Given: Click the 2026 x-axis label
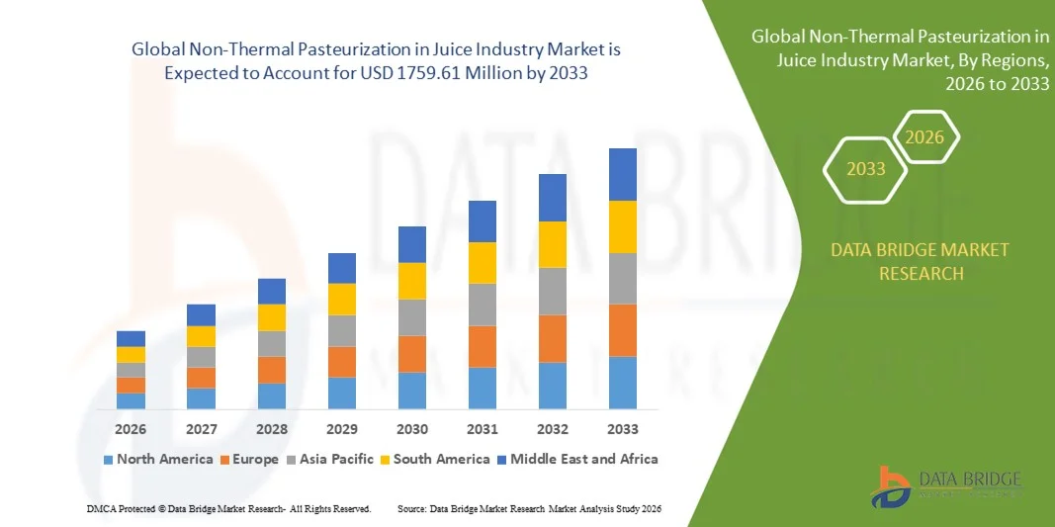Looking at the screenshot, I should tap(131, 429).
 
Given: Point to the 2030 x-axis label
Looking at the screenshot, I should tap(412, 429).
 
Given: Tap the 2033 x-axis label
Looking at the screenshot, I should tap(623, 429).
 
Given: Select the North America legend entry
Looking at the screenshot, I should tap(158, 459).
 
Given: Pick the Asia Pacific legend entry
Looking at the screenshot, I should tap(330, 459).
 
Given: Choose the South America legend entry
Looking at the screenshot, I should tap(435, 459).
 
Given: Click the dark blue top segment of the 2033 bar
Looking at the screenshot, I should tap(623, 174).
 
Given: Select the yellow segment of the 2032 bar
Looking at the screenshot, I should tap(553, 244).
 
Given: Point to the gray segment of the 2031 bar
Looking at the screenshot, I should tap(483, 305).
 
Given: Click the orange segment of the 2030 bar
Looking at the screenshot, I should tap(412, 354).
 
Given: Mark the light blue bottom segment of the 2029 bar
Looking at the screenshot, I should tap(342, 393).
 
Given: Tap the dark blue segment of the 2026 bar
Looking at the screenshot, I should tap(131, 338).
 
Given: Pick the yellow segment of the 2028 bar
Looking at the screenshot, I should tap(272, 317).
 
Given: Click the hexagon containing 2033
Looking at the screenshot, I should tap(866, 169).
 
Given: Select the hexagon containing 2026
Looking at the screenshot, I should tap(925, 137).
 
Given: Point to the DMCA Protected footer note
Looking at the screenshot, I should tap(227, 508).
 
